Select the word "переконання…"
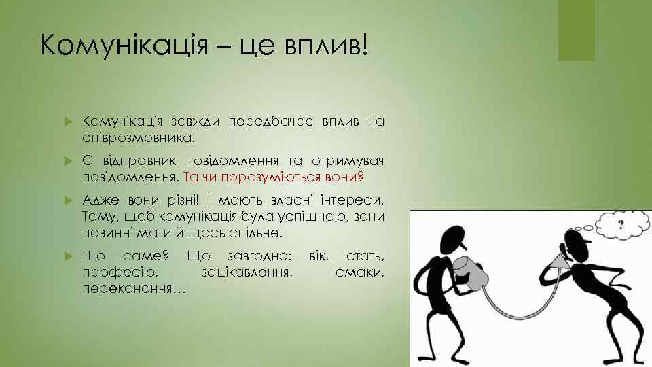point(132,287)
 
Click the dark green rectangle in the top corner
point(576,31)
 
